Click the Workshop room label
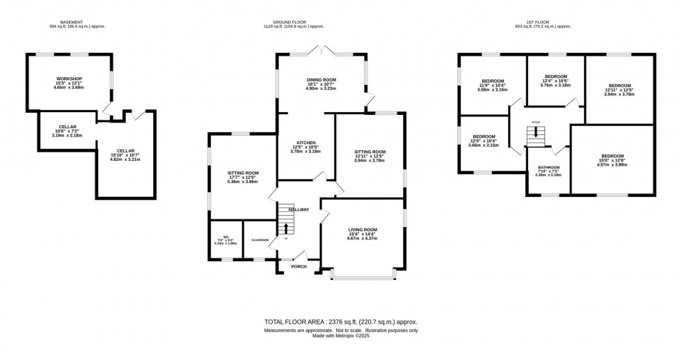click(70, 79)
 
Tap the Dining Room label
click(322, 80)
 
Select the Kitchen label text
click(305, 142)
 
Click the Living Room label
click(362, 230)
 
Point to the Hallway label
click(299, 209)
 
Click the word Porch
click(299, 267)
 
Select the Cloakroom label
click(260, 240)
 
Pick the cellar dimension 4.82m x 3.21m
click(126, 159)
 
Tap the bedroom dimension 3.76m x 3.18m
click(556, 85)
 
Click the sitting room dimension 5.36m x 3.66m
click(244, 181)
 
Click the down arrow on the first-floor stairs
click(535, 132)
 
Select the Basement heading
click(70, 22)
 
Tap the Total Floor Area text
click(340, 322)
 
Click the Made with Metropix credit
click(340, 337)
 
